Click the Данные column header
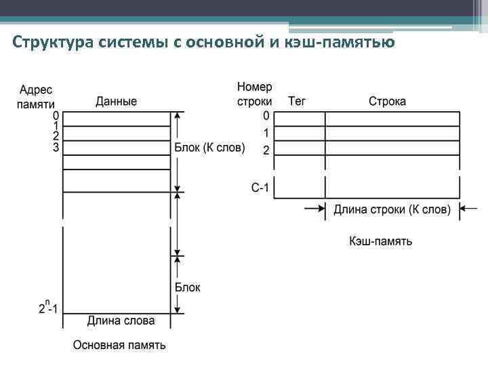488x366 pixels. [x=116, y=102]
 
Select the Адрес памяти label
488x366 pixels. [x=36, y=96]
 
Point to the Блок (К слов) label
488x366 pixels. [x=209, y=148]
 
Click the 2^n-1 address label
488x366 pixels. [x=48, y=308]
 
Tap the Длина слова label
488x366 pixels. [x=121, y=321]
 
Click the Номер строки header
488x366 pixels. [x=254, y=94]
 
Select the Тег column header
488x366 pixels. [x=297, y=102]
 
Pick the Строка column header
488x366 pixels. [x=387, y=102]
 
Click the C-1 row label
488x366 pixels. [x=260, y=187]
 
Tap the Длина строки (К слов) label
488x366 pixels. [x=392, y=209]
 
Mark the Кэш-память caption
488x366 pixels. [x=380, y=241]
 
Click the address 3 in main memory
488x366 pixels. [x=56, y=147]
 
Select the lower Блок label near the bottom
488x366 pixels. [x=188, y=287]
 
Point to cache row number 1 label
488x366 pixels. [x=266, y=133]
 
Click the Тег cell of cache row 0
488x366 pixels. [x=300, y=119]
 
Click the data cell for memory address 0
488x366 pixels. [x=116, y=119]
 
